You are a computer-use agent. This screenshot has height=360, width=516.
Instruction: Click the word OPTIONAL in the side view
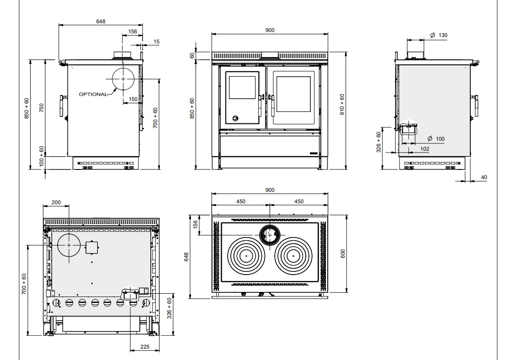point(93,94)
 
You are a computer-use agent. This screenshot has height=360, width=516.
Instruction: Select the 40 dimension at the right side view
point(484,177)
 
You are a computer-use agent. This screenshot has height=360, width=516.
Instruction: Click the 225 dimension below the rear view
point(144,347)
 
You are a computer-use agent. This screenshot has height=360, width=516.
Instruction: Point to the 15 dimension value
point(157,42)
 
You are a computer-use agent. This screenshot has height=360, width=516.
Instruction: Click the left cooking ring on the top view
point(246,255)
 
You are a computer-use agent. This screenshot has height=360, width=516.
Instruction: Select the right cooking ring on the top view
point(294,255)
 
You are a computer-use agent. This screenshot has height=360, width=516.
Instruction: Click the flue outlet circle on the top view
point(270,235)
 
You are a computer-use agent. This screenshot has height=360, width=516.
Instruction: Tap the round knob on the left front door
point(235,118)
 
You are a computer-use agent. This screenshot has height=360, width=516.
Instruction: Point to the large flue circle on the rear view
point(69,245)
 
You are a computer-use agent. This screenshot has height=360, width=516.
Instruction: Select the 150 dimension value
point(133,99)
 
